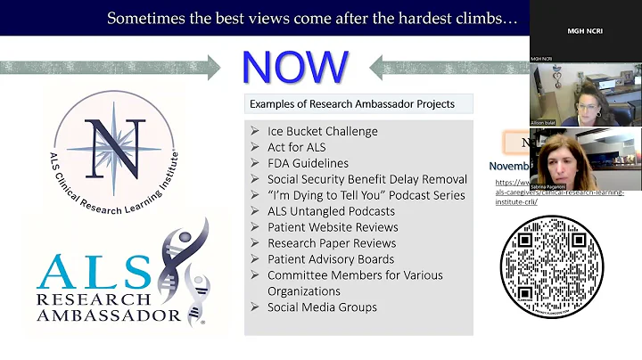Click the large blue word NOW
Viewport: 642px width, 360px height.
pos(294,68)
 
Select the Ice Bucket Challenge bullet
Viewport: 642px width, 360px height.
pos(323,131)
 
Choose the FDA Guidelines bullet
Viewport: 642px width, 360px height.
pos(308,163)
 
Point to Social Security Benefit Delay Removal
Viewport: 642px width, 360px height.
pos(367,179)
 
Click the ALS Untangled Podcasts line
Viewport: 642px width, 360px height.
pos(331,211)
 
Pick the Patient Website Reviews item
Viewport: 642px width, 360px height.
pos(333,227)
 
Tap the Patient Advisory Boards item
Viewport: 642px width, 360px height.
pos(331,259)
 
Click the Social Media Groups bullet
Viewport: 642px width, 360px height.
pos(322,307)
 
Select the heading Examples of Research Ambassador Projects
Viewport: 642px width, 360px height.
pos(352,104)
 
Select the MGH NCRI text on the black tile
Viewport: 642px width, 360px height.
pos(585,30)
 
